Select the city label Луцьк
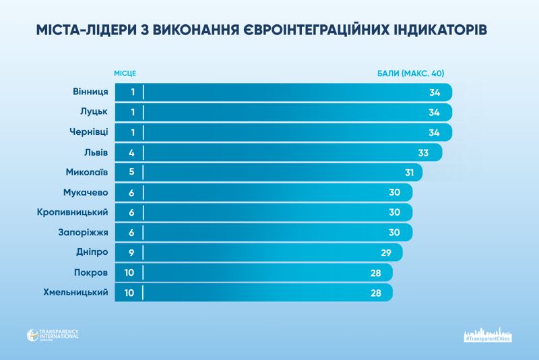click(93, 112)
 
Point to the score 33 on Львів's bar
click(423, 152)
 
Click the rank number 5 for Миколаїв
click(132, 173)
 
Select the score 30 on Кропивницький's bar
click(395, 212)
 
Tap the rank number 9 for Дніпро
click(132, 253)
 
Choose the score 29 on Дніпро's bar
click(385, 253)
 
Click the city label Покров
click(91, 273)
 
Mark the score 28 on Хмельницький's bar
click(376, 293)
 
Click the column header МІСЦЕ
click(129, 72)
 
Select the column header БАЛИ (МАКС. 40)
click(411, 72)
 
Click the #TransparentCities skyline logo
click(488, 335)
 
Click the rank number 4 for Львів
click(132, 152)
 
